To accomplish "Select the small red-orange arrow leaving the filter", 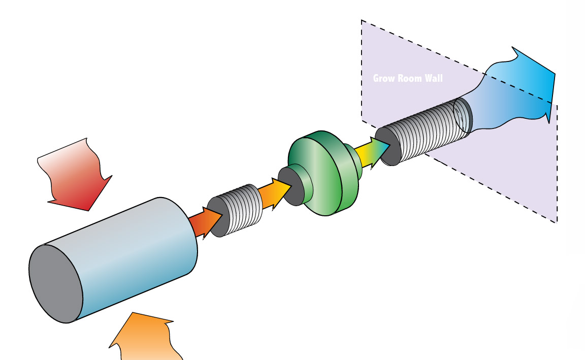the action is tap(205, 222).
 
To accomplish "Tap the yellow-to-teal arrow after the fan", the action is tap(372, 152).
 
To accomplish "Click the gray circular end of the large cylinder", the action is tap(56, 283).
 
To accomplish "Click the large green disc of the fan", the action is tap(321, 174).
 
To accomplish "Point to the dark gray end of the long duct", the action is tap(388, 147).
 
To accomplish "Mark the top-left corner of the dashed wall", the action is tap(362, 20).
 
